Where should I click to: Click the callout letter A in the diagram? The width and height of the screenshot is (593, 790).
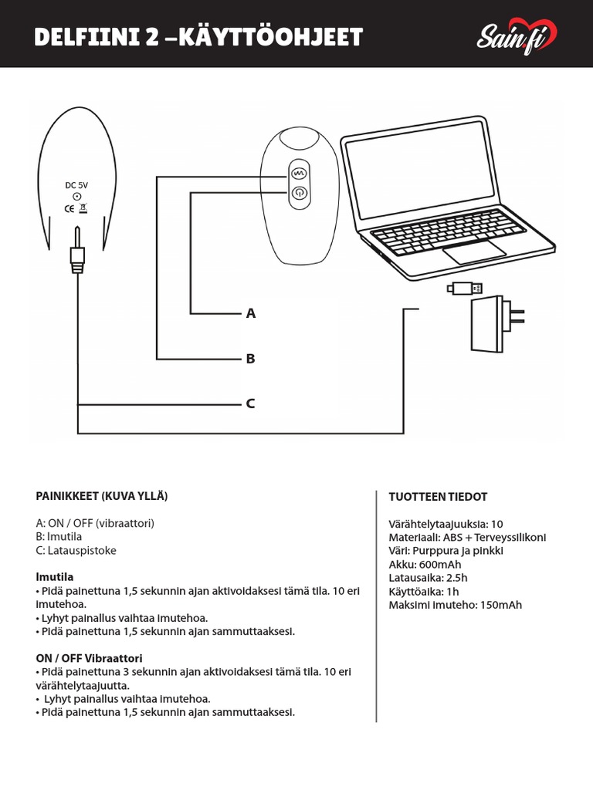pyautogui.click(x=250, y=314)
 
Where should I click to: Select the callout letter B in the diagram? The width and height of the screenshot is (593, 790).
pyautogui.click(x=250, y=359)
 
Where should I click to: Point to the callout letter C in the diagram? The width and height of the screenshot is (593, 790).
pyautogui.click(x=250, y=403)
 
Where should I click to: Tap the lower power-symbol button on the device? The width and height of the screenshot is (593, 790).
pyautogui.click(x=299, y=194)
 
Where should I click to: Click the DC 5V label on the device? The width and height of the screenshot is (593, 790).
pyautogui.click(x=76, y=185)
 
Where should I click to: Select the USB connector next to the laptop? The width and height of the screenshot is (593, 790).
pyautogui.click(x=465, y=289)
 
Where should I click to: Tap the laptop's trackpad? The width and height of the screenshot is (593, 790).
pyautogui.click(x=474, y=252)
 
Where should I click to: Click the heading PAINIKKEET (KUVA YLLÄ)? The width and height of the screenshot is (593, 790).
pyautogui.click(x=102, y=496)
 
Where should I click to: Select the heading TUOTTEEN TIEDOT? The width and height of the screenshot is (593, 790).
pyautogui.click(x=438, y=497)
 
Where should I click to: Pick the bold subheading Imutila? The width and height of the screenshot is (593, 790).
pyautogui.click(x=55, y=577)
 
